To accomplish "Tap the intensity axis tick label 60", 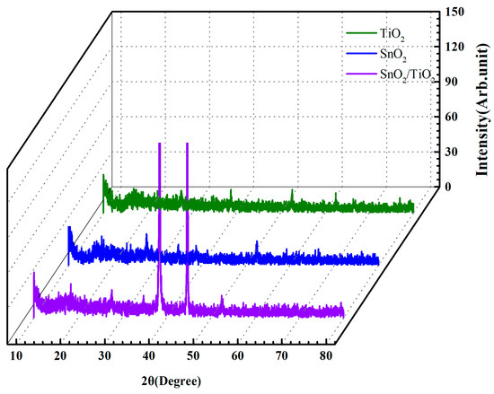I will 456,116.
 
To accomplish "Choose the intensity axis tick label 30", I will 456,152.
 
